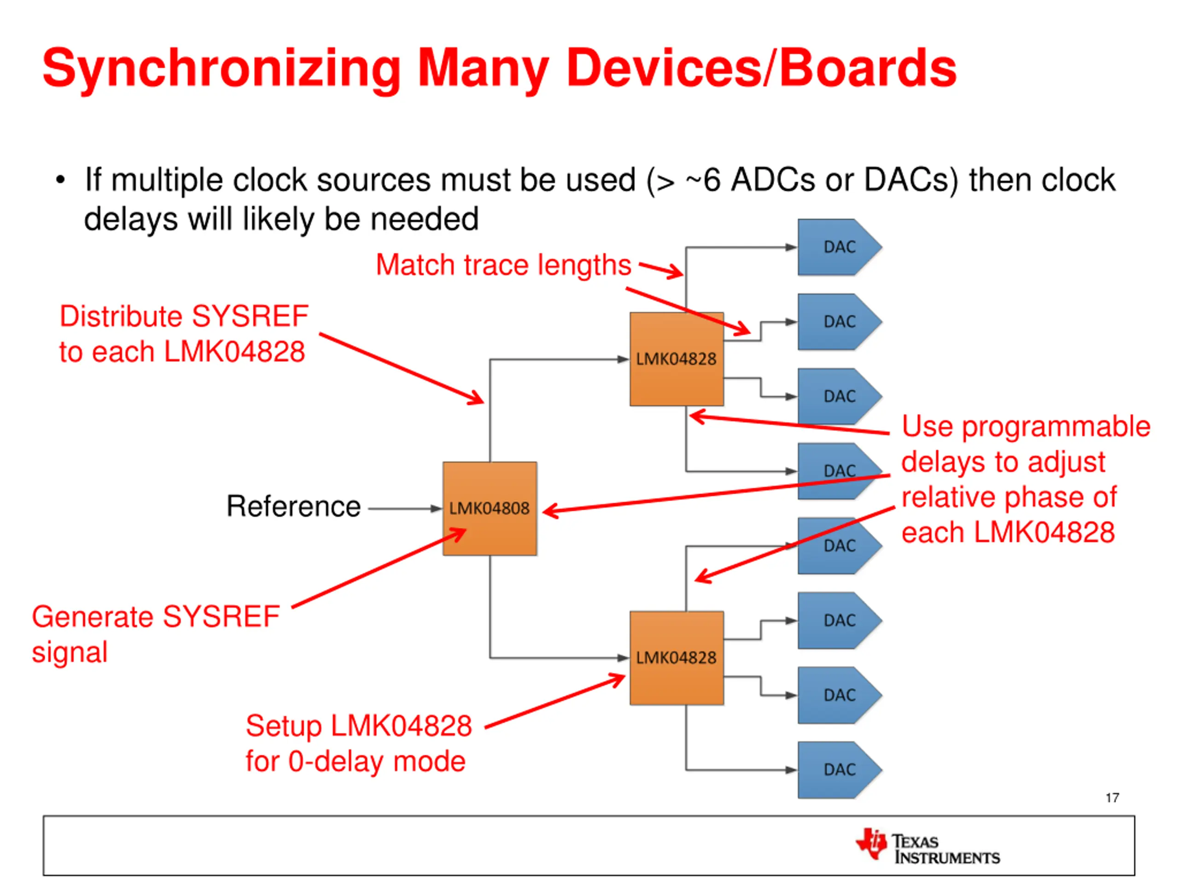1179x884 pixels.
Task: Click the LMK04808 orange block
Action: point(489,508)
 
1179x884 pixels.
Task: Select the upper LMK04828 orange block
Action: point(677,359)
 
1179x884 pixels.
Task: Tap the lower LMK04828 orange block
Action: point(677,657)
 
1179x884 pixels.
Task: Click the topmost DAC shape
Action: point(838,247)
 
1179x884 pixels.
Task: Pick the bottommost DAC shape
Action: point(838,769)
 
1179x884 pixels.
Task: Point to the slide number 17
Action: point(1112,798)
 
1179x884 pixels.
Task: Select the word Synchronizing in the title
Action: point(221,69)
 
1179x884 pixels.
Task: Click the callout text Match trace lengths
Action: point(503,265)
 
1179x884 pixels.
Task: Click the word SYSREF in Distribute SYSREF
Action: point(250,316)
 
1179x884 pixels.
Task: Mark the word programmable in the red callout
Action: point(1056,427)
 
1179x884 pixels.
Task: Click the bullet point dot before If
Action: point(60,180)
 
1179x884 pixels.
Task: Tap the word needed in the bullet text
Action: point(424,220)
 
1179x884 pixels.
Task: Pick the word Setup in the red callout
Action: point(284,726)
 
